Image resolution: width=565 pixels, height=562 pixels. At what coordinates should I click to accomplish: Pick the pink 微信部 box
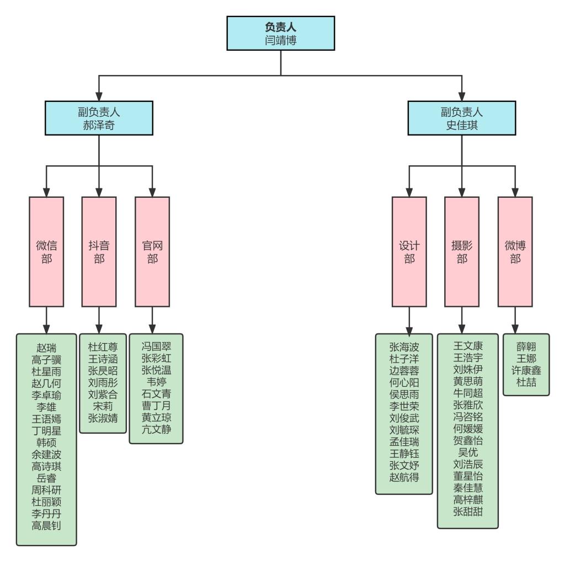46,251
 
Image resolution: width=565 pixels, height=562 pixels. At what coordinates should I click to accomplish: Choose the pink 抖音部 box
99,251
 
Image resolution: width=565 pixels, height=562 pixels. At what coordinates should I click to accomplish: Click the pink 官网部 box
152,251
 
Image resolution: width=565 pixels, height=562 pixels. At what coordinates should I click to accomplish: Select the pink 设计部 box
409,251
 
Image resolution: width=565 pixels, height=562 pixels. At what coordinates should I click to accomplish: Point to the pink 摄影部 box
462,251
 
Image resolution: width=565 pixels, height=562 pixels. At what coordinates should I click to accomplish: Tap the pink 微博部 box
515,251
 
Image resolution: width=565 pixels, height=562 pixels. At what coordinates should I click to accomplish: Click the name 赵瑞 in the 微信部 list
46,348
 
